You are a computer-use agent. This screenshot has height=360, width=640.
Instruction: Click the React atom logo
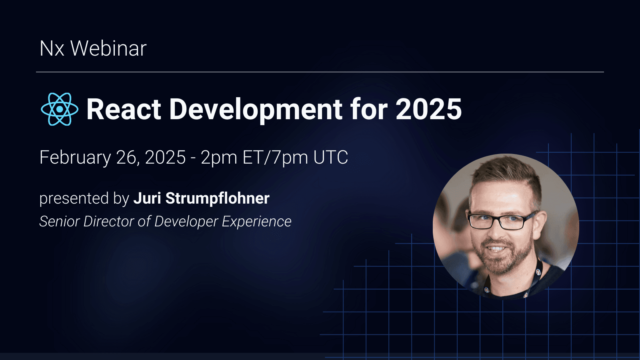(60, 109)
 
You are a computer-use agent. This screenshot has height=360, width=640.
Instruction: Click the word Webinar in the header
(108, 49)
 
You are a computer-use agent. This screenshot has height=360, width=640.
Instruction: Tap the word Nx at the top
(52, 49)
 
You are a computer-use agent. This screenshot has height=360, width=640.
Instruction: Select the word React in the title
(124, 109)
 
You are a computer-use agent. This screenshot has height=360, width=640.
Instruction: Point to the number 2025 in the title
(428, 109)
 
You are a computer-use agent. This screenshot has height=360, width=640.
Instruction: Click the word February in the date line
(75, 158)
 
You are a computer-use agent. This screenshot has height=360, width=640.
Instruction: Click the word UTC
(331, 158)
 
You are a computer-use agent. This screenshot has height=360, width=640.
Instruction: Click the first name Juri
(147, 198)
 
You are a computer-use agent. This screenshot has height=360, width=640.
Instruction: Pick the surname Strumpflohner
(218, 198)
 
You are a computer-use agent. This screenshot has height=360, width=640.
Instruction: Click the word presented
(74, 199)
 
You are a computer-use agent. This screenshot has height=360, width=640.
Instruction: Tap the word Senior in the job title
(59, 222)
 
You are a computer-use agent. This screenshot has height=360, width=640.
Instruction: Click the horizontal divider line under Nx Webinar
(320, 72)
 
